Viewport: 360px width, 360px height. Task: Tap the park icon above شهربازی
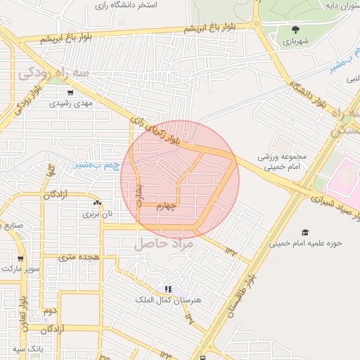[295, 30]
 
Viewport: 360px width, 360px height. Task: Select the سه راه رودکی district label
[54, 73]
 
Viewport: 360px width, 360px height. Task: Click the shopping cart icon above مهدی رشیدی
[70, 92]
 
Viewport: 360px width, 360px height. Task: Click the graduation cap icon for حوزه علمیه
[305, 232]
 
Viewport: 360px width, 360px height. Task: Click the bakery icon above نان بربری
[97, 202]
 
